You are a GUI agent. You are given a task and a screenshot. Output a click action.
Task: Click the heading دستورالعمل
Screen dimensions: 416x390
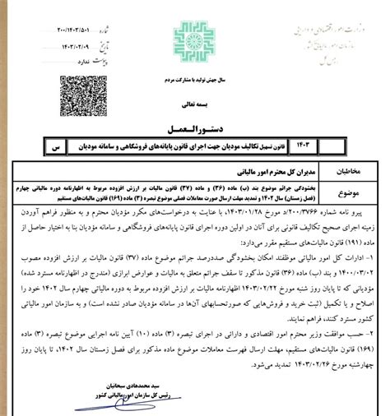pos(195,128)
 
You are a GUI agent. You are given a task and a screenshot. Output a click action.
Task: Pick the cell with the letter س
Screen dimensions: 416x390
pos(54,149)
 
